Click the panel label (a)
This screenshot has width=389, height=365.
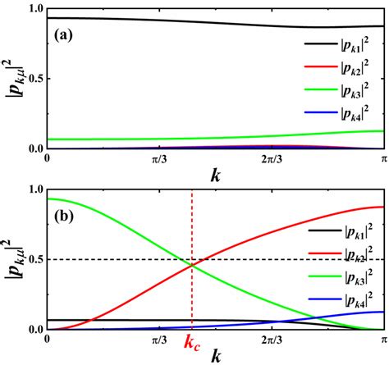click(68, 36)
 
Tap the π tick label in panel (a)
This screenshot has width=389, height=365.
click(382, 157)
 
